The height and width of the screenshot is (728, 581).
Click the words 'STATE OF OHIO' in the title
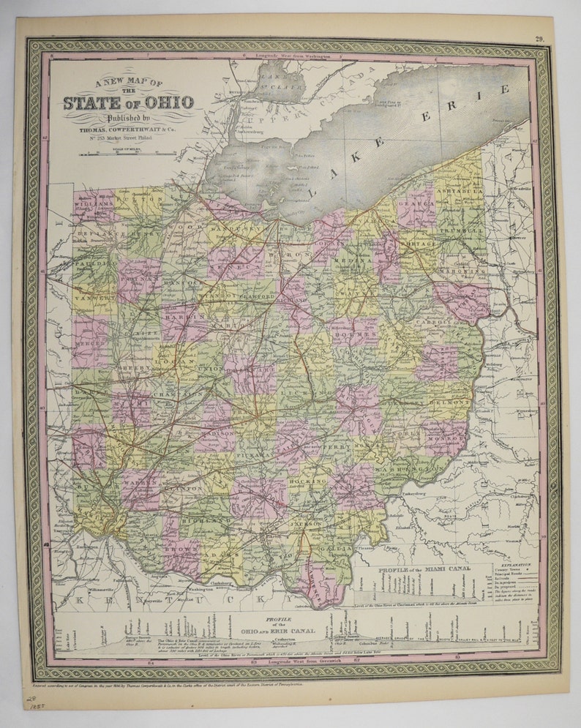coord(128,102)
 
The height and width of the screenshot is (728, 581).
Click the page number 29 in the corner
coord(539,40)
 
